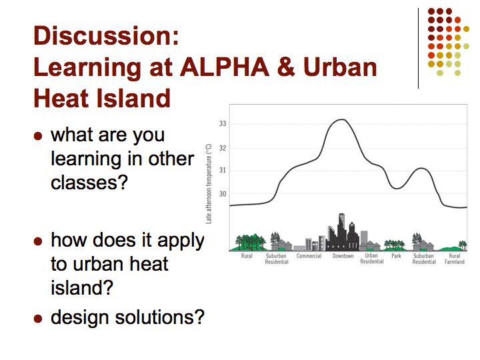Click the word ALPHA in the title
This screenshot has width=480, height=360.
coord(225,67)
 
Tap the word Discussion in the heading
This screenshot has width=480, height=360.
coord(103,36)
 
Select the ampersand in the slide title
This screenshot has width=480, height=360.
coord(286,67)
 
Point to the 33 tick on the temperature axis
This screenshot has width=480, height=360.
coord(223,123)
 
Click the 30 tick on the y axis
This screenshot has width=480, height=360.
coord(223,194)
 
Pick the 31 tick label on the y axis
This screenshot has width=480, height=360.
coord(223,170)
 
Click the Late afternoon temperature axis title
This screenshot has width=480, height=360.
coord(209,184)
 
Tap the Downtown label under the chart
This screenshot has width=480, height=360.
coord(343,256)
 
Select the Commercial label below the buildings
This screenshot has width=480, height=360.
coord(309,256)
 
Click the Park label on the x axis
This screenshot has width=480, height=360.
coord(396,256)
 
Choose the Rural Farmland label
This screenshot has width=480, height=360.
coord(455,259)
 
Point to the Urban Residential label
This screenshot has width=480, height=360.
coord(372,259)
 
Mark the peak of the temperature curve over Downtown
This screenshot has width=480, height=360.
coord(342,119)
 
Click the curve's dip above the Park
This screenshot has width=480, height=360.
coord(397,189)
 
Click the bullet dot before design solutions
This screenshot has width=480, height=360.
coord(38,319)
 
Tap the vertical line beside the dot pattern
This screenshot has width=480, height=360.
coord(418,49)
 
